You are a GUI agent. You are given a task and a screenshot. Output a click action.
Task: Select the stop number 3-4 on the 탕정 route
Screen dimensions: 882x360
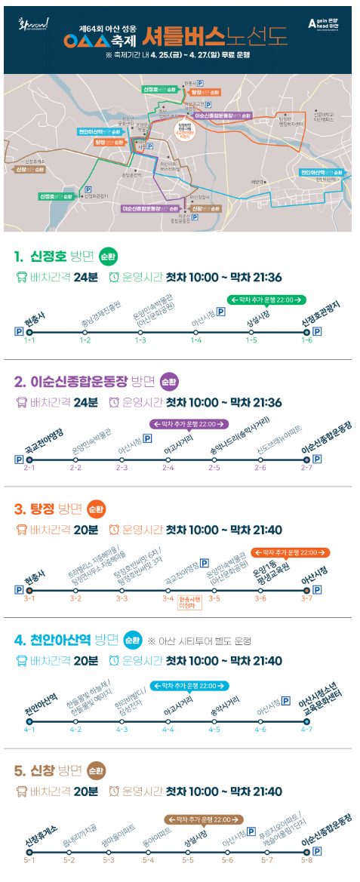click(168, 598)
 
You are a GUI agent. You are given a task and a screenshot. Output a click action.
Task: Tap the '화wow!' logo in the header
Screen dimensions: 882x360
click(34, 24)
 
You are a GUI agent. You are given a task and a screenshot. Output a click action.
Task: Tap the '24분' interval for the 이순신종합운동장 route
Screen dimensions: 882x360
click(85, 402)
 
